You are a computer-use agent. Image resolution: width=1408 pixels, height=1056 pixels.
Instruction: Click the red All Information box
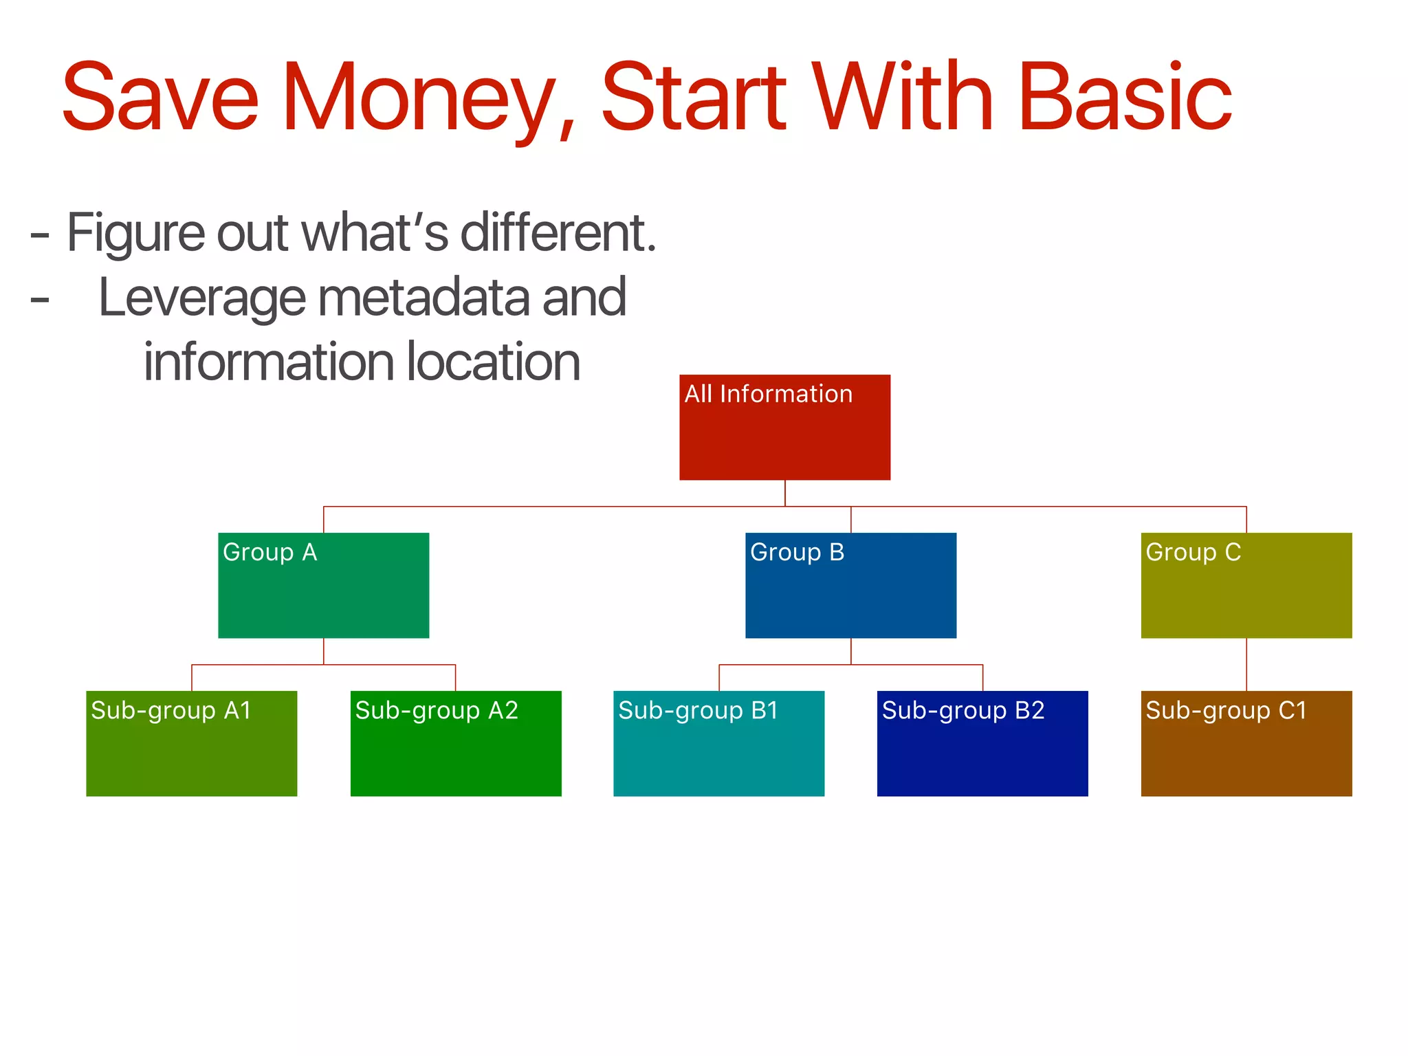(x=784, y=427)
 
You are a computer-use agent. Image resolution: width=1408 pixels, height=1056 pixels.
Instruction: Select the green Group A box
(x=323, y=585)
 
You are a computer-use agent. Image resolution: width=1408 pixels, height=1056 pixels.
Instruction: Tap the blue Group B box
(x=850, y=585)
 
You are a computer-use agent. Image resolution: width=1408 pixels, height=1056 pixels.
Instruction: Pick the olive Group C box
(x=1246, y=585)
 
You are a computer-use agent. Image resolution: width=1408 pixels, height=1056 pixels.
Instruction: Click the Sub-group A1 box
(x=191, y=743)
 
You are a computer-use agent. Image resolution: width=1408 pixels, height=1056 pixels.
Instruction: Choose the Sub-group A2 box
(x=456, y=743)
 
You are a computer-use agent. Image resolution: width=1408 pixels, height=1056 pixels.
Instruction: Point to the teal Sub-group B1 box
(x=718, y=743)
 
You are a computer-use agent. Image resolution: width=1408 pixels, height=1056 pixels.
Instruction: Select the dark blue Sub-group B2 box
(x=982, y=743)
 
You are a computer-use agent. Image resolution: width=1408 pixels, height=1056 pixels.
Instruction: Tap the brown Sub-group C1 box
(x=1246, y=743)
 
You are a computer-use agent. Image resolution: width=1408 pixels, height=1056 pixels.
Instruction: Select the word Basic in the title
(x=1125, y=98)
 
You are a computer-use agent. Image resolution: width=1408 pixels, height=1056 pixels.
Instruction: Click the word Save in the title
(x=159, y=98)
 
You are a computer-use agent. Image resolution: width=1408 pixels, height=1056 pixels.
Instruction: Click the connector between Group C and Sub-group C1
(x=1246, y=664)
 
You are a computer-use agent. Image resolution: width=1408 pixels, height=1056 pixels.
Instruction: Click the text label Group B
(x=796, y=552)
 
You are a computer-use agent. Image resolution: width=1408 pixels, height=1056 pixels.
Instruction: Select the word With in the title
(x=902, y=98)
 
